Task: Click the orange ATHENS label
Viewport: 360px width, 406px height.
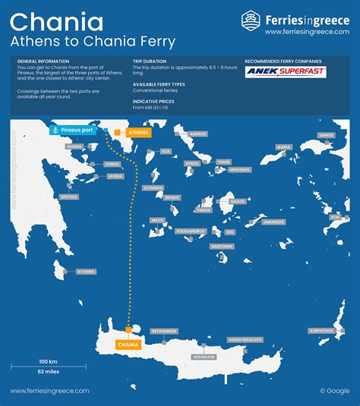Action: pyautogui.click(x=141, y=133)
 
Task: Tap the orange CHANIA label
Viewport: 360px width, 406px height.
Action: pyautogui.click(x=128, y=345)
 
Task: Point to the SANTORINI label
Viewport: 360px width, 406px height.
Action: pyautogui.click(x=223, y=247)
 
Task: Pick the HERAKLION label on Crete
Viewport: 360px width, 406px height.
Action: pyautogui.click(x=204, y=357)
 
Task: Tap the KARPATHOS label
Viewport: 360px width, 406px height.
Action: pyautogui.click(x=322, y=331)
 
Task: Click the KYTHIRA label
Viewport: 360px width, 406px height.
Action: pyautogui.click(x=87, y=271)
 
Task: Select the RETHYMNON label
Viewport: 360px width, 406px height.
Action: pyautogui.click(x=164, y=331)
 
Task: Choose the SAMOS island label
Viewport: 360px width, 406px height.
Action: pyautogui.click(x=327, y=135)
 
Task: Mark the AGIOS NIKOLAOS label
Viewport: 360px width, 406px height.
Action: pyautogui.click(x=245, y=340)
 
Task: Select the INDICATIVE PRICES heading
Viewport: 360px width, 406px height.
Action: pyautogui.click(x=155, y=101)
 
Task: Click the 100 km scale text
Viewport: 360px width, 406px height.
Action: pyautogui.click(x=49, y=360)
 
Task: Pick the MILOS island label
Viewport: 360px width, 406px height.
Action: pyautogui.click(x=157, y=220)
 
